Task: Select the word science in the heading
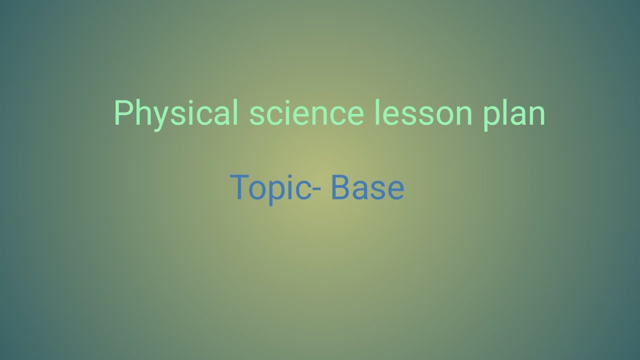click(x=306, y=113)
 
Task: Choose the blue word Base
click(x=367, y=187)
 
